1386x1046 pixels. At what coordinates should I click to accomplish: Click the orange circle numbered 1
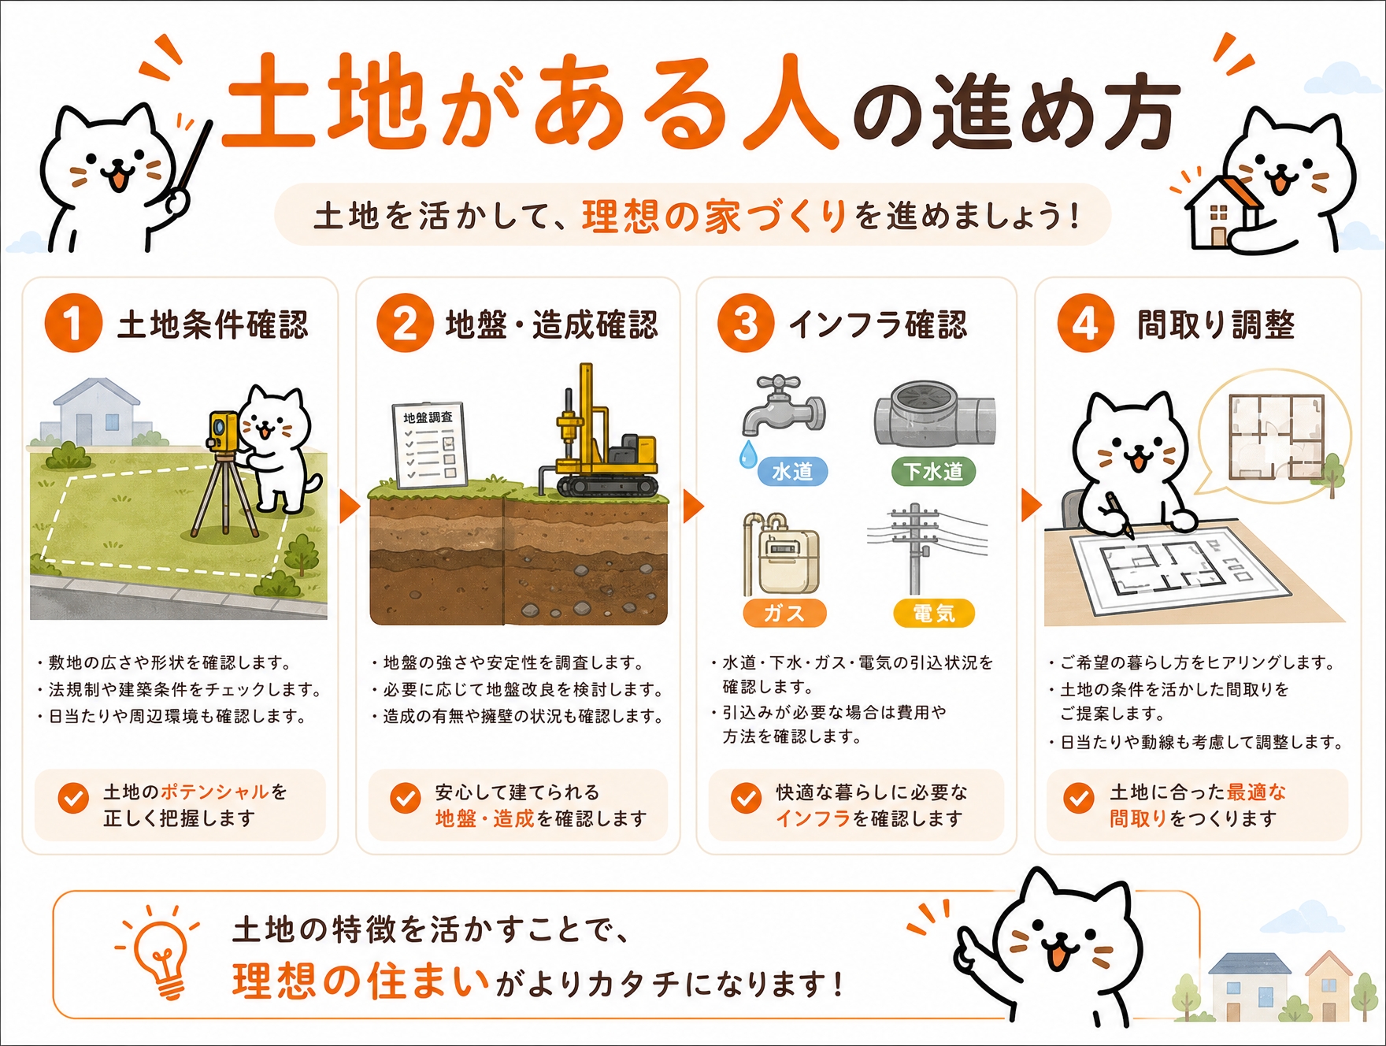(73, 323)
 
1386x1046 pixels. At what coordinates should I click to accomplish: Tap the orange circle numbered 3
(745, 323)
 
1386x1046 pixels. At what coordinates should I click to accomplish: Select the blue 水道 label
(792, 471)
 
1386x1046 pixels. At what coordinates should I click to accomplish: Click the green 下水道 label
(933, 471)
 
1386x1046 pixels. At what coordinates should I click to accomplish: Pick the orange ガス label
(784, 613)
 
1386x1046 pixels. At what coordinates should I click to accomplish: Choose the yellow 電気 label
(933, 613)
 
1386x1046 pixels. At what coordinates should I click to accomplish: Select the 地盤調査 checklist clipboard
(430, 445)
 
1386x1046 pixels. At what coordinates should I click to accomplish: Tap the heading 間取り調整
(1216, 325)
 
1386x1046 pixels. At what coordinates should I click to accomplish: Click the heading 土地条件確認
(213, 325)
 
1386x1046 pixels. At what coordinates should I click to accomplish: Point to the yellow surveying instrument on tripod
(224, 473)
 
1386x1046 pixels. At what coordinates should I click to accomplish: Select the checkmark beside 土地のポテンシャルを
(73, 798)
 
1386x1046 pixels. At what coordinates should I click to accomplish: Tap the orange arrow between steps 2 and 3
(693, 506)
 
